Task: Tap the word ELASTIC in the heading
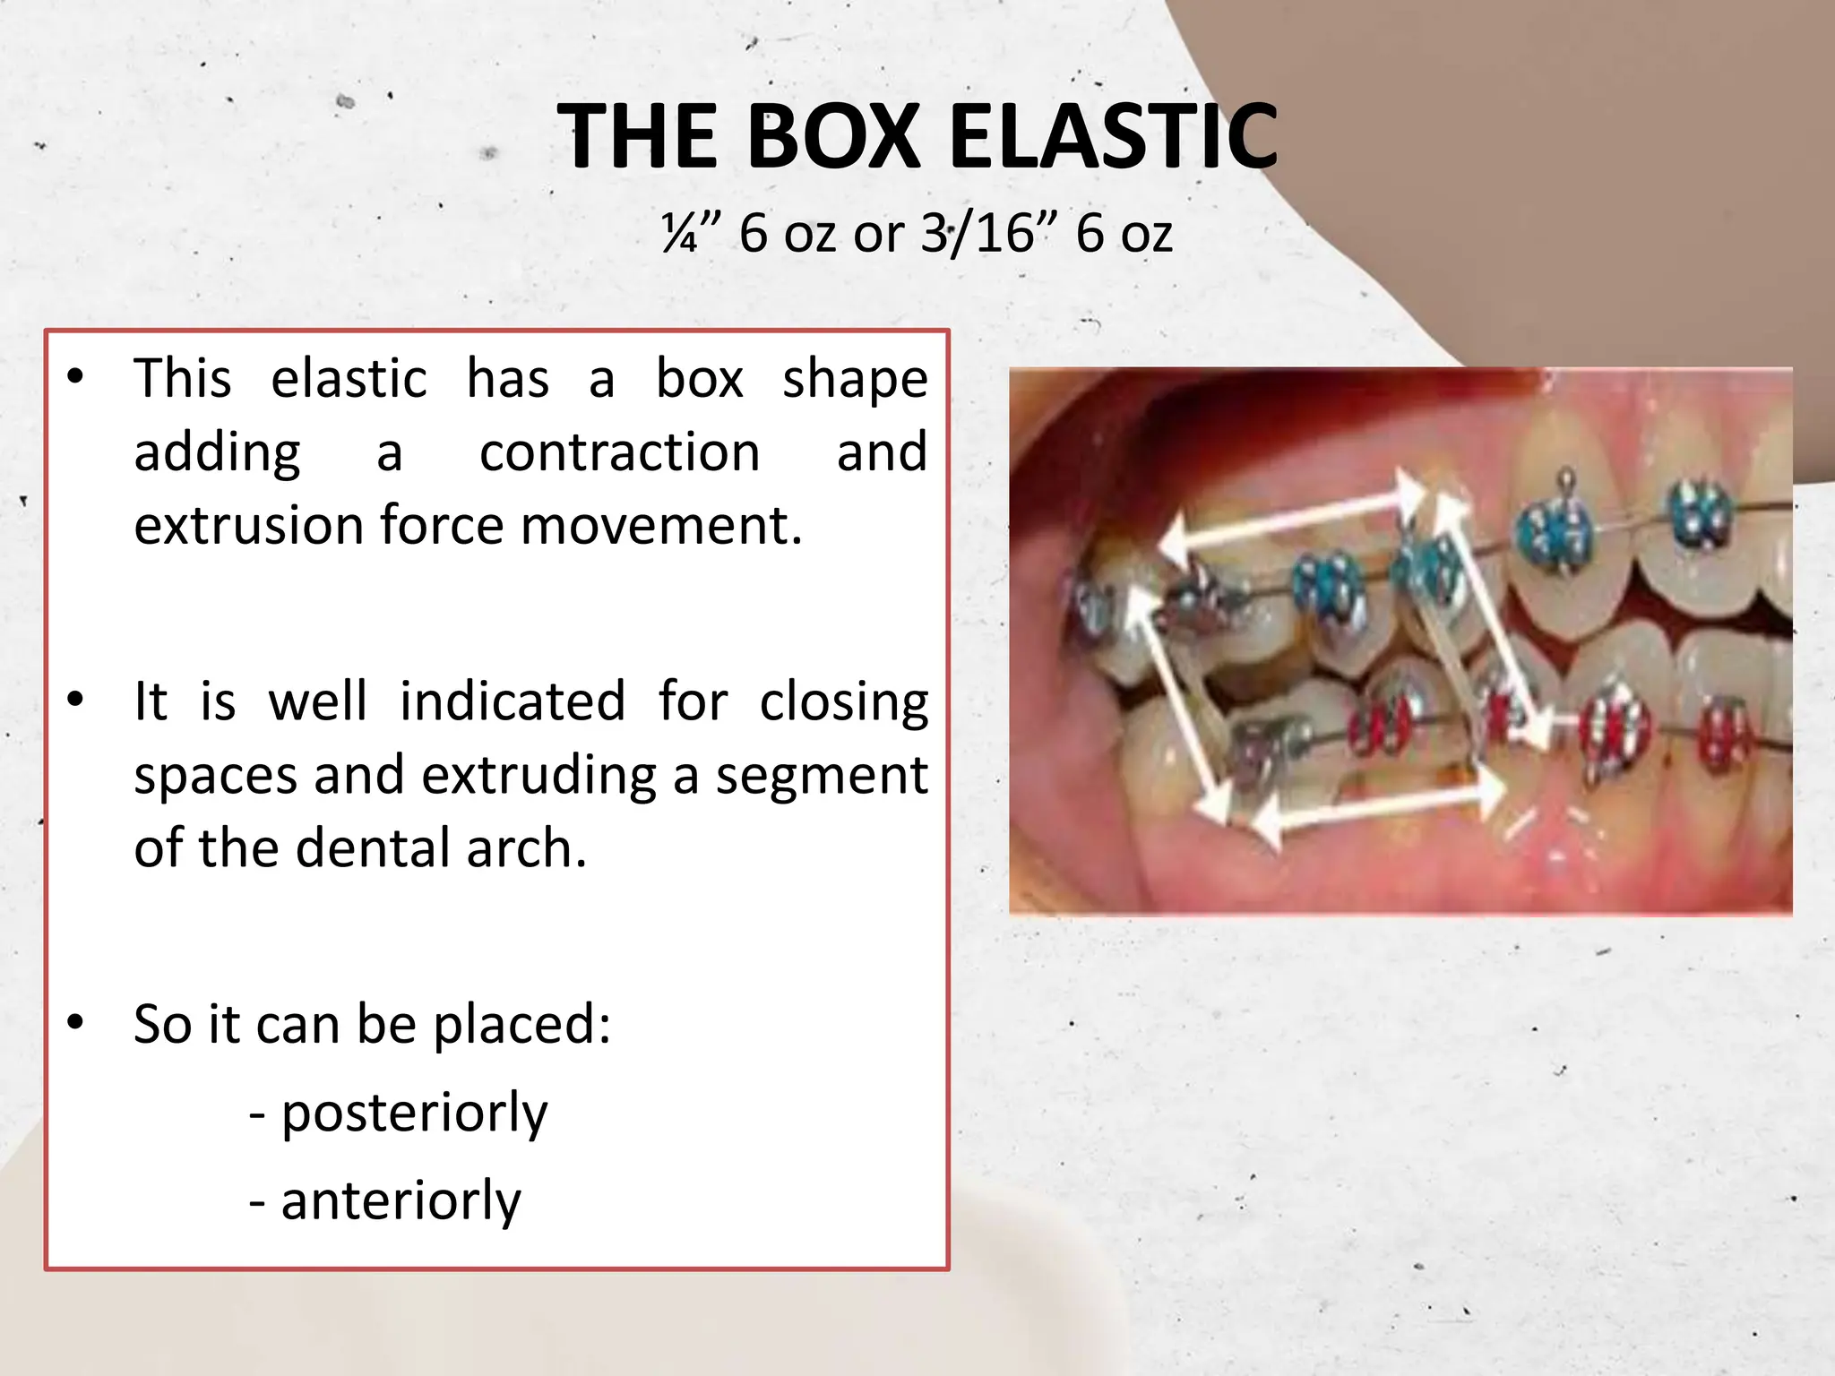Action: point(1113,136)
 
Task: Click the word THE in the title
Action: point(637,136)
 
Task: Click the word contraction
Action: point(619,451)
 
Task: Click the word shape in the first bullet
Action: point(855,378)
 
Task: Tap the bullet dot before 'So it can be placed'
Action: point(76,1022)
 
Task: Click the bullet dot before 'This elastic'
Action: point(76,377)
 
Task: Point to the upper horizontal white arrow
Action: point(1290,520)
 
